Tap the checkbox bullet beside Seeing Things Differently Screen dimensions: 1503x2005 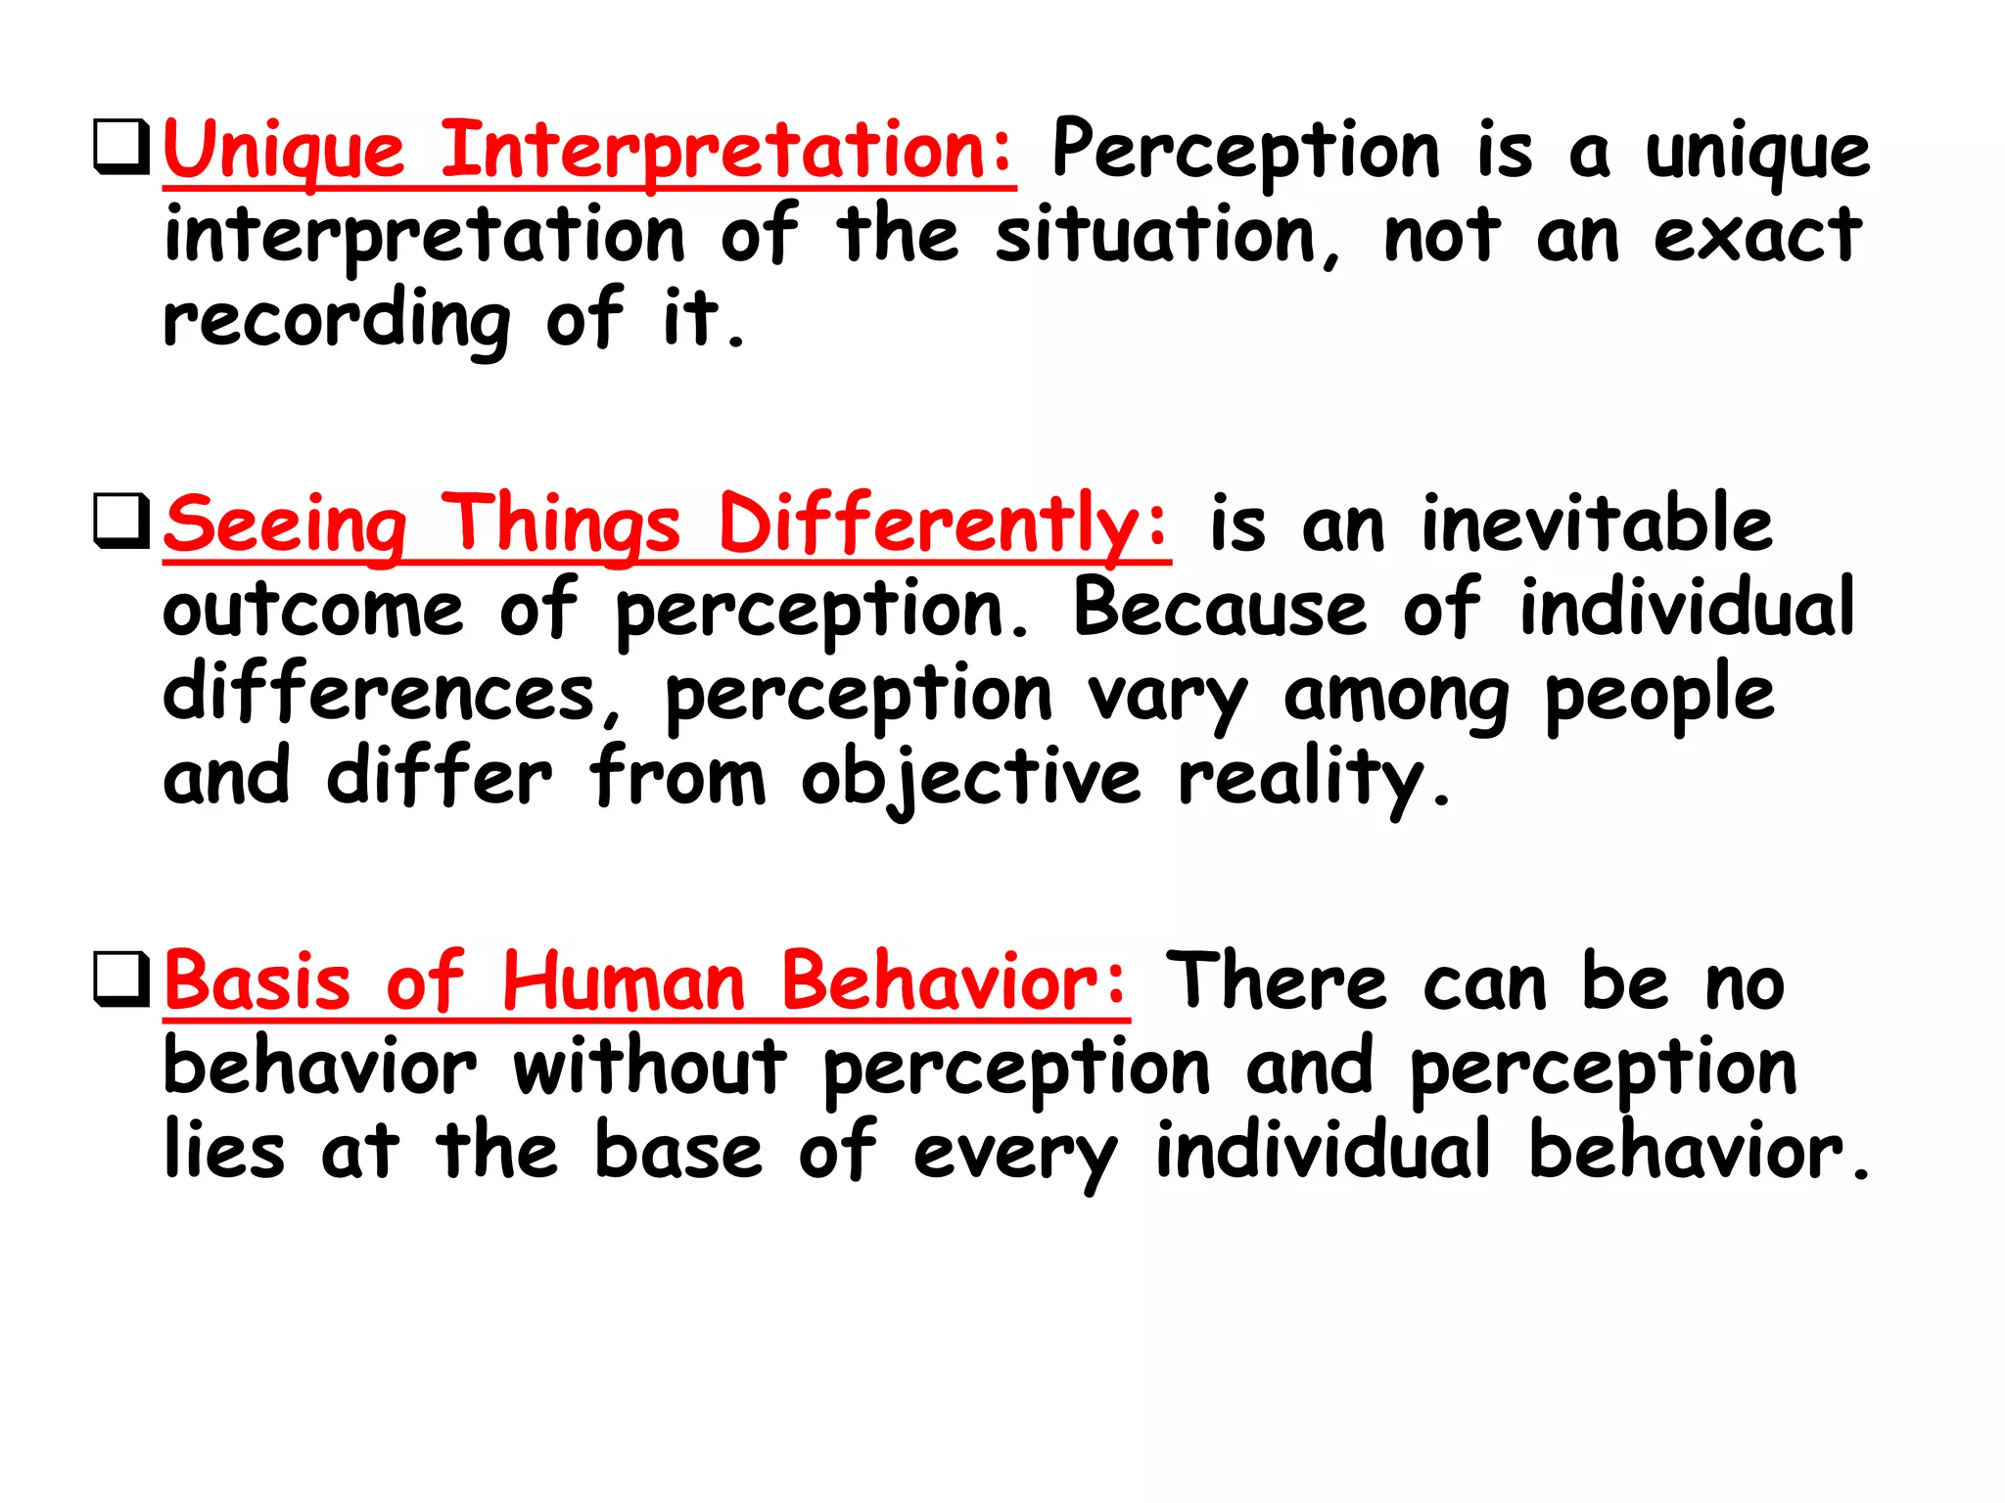[x=121, y=521]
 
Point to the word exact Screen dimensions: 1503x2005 [x=1757, y=236]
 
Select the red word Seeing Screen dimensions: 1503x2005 [x=285, y=525]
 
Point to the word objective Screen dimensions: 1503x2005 [x=971, y=781]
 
